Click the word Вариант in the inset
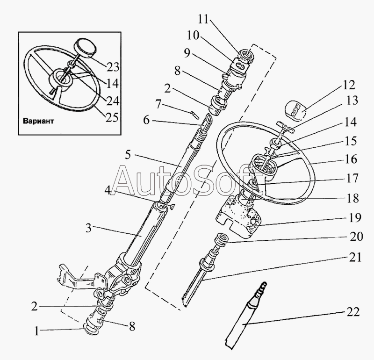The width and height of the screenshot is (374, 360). (37, 120)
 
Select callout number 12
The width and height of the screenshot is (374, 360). (348, 86)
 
